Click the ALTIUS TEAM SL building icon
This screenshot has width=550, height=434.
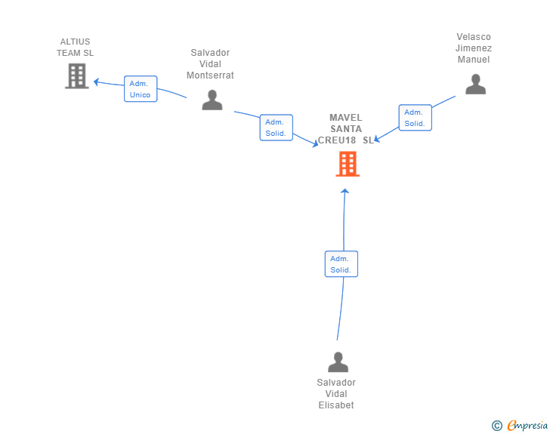77,75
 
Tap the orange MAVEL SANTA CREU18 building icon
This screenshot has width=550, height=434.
348,164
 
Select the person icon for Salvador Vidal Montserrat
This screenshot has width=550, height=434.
212,100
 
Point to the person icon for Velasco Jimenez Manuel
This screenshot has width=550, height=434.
476,84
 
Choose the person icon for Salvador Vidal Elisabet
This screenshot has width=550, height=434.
338,362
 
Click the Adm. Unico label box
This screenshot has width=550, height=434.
141,89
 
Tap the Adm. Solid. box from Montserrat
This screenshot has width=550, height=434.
277,128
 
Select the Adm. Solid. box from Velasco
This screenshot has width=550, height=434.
416,118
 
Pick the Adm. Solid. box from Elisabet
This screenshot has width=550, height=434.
341,264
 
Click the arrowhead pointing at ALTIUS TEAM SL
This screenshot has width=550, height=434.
96,82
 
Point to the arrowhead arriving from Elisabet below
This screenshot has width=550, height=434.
345,191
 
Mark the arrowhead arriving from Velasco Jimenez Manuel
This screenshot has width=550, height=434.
377,139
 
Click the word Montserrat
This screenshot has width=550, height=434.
210,75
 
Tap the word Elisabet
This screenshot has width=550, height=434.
336,405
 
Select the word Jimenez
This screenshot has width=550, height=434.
474,48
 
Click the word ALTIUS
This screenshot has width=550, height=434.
75,42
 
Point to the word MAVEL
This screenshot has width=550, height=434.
346,118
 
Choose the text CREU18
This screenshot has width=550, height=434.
337,140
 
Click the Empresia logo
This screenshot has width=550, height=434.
527,425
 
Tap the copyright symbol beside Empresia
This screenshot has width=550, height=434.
497,426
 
